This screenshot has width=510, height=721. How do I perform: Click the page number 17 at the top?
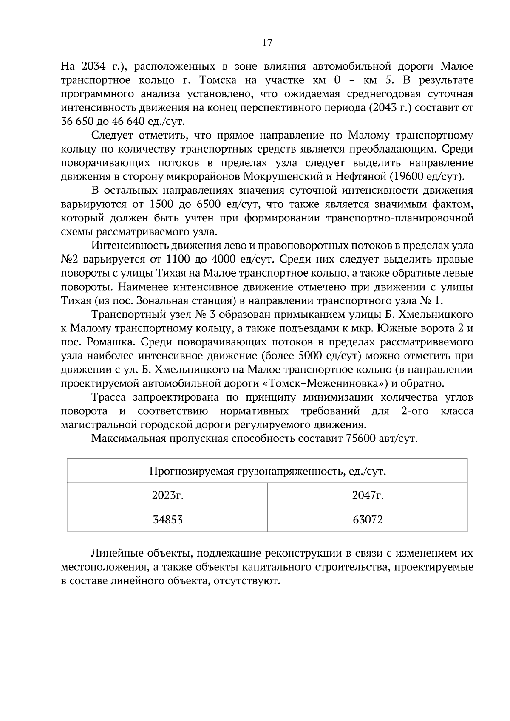[267, 42]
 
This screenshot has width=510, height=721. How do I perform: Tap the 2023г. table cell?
[167, 495]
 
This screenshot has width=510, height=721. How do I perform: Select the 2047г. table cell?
[368, 495]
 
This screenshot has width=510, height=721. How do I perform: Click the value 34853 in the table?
[167, 520]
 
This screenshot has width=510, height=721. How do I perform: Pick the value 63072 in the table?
[368, 520]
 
